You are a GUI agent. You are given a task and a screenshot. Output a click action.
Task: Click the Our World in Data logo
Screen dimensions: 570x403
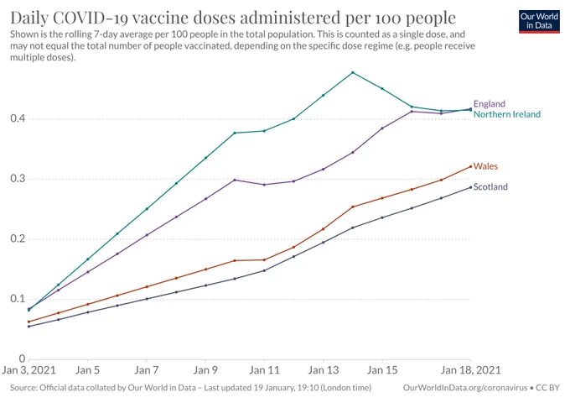point(539,22)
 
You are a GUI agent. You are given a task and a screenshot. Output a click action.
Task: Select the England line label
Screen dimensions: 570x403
point(490,104)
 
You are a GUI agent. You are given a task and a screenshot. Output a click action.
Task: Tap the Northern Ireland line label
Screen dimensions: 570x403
point(507,114)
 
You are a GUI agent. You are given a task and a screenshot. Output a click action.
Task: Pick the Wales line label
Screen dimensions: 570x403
point(485,166)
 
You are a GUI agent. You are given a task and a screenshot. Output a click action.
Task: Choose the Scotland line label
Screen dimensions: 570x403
point(490,186)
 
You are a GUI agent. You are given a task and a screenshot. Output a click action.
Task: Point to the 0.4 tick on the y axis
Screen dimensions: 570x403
point(18,118)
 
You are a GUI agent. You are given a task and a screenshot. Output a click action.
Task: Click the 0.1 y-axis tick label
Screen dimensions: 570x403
point(18,299)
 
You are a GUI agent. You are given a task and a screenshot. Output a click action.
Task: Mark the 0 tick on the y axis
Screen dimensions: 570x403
point(22,359)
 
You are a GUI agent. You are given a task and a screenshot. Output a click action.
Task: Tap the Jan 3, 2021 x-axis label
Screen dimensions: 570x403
point(28,370)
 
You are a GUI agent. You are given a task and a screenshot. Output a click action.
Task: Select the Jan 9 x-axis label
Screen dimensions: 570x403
point(205,370)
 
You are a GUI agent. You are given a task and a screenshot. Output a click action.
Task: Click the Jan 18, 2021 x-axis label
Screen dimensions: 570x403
point(471,370)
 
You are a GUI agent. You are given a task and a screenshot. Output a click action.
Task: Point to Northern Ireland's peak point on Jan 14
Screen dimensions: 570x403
point(353,72)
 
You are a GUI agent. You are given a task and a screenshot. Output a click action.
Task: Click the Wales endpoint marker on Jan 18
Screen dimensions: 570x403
point(471,167)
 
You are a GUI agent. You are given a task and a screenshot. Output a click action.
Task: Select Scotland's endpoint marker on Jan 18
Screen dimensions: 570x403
point(471,187)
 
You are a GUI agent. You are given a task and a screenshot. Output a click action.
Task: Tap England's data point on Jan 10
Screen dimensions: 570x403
point(235,180)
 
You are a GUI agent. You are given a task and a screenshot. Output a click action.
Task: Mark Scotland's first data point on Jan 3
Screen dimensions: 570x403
point(29,327)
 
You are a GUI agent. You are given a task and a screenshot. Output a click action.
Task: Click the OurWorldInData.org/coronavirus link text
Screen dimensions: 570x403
point(465,388)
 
